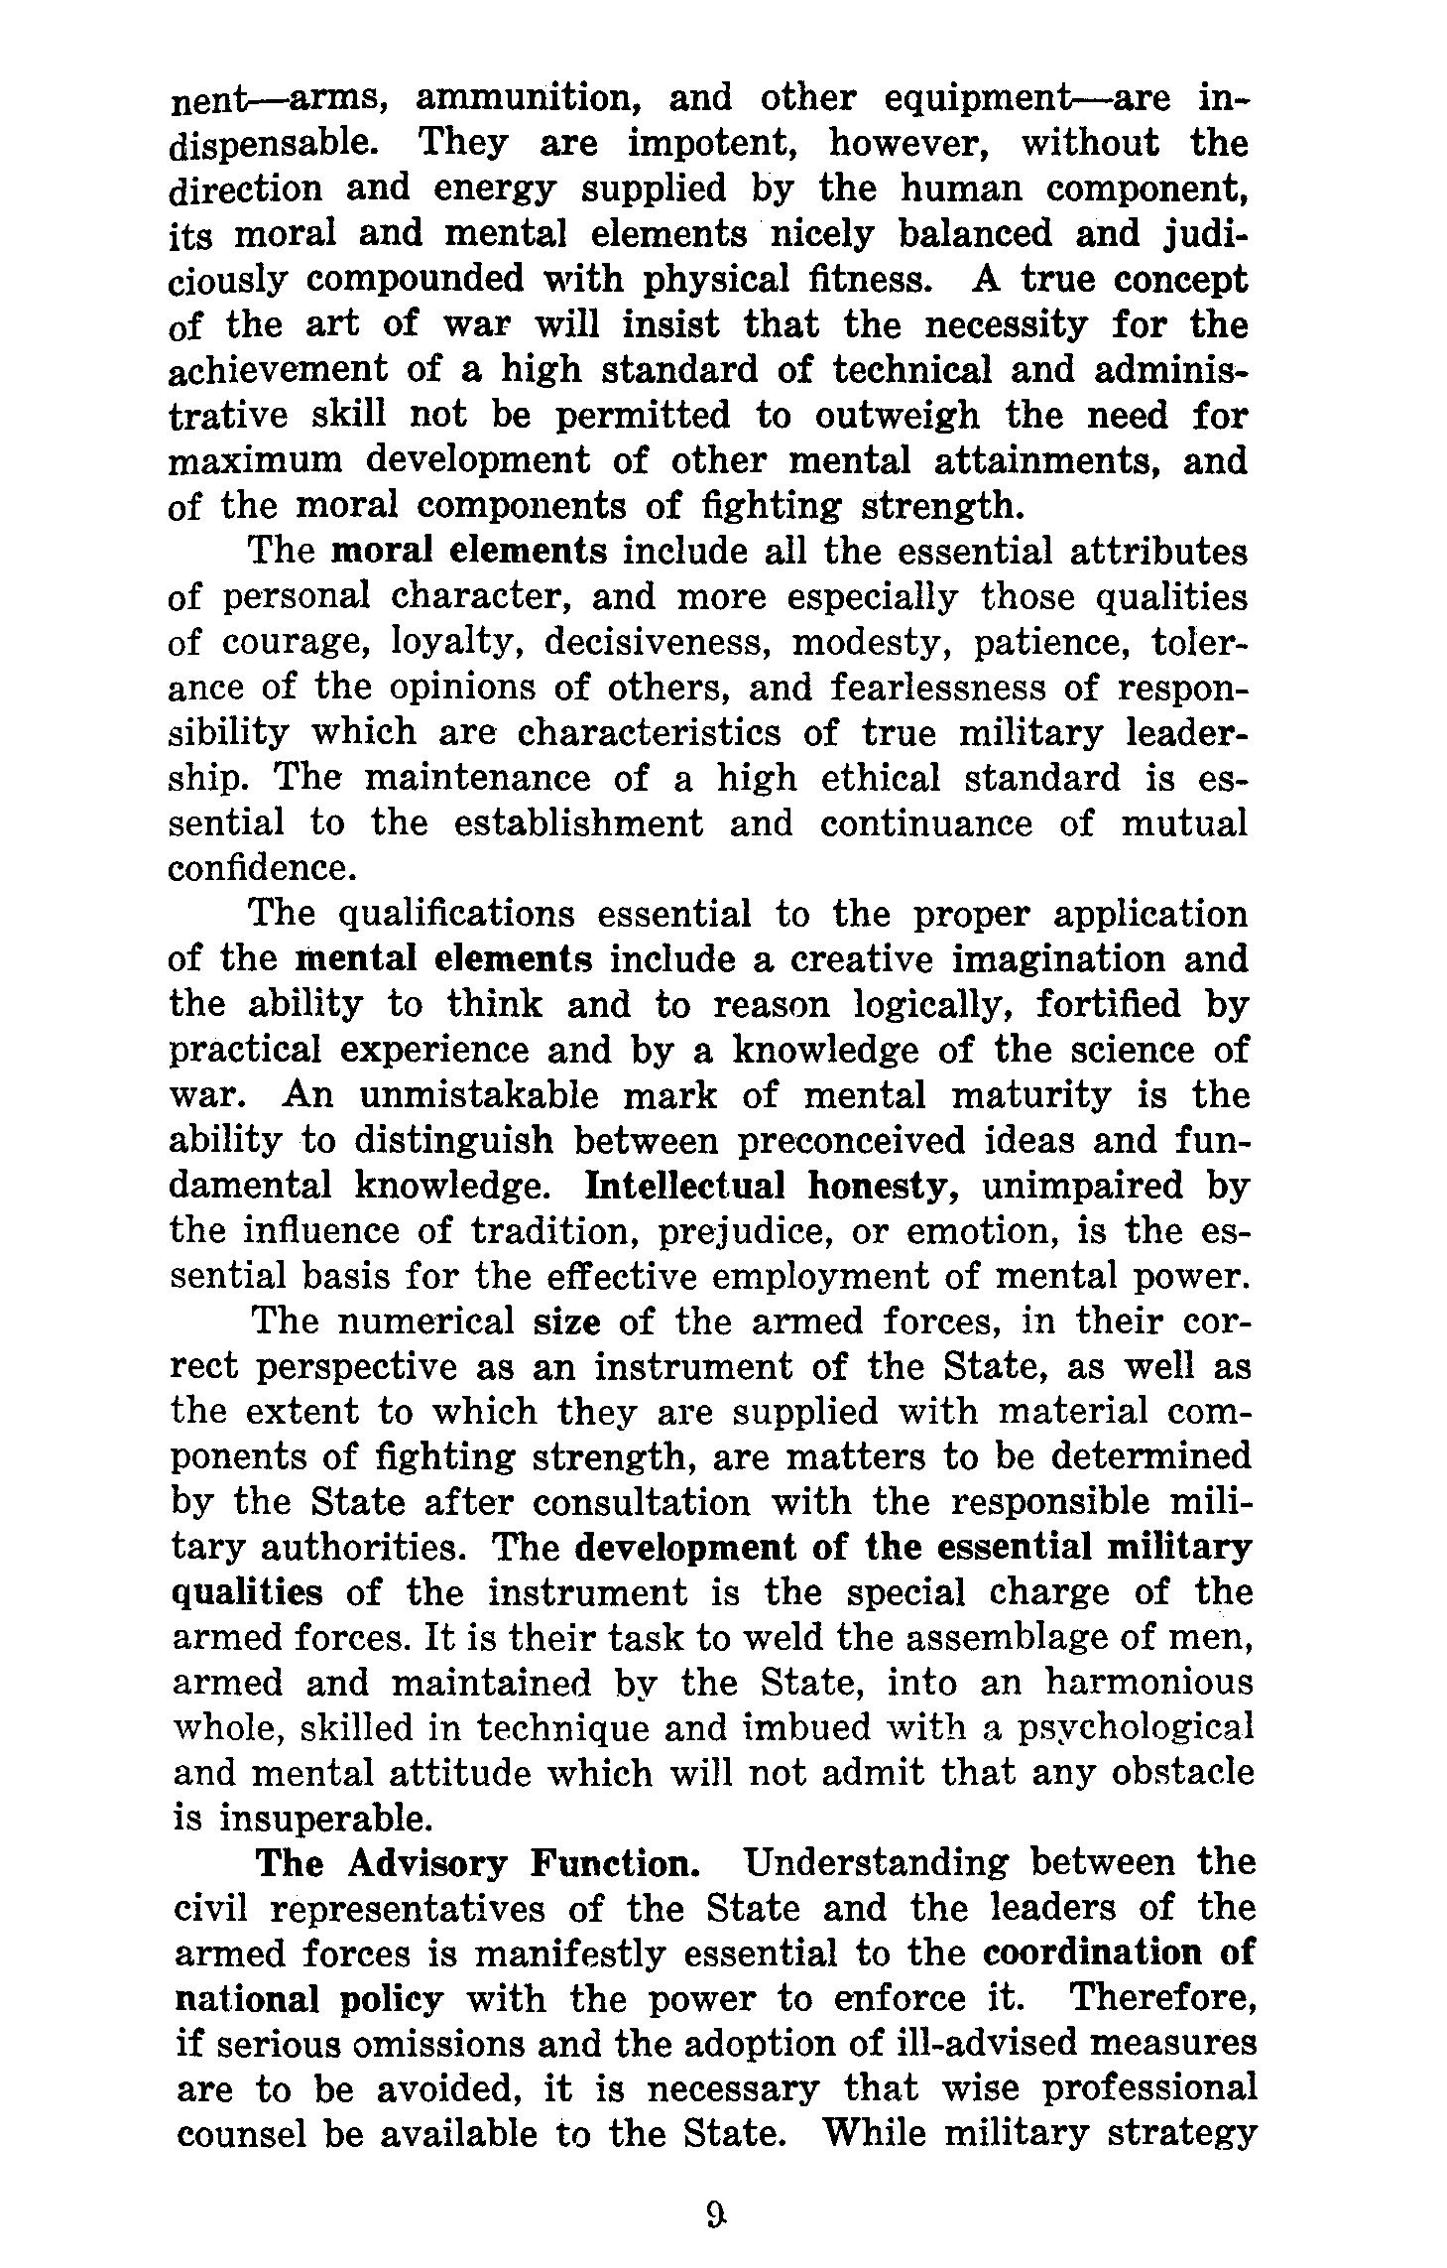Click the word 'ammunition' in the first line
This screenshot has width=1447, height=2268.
pos(525,99)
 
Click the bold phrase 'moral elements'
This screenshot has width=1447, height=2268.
pos(469,551)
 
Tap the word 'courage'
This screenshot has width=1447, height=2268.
pos(294,642)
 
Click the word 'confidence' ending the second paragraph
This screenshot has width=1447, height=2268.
pos(261,868)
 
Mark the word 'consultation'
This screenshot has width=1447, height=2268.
pos(642,1503)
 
